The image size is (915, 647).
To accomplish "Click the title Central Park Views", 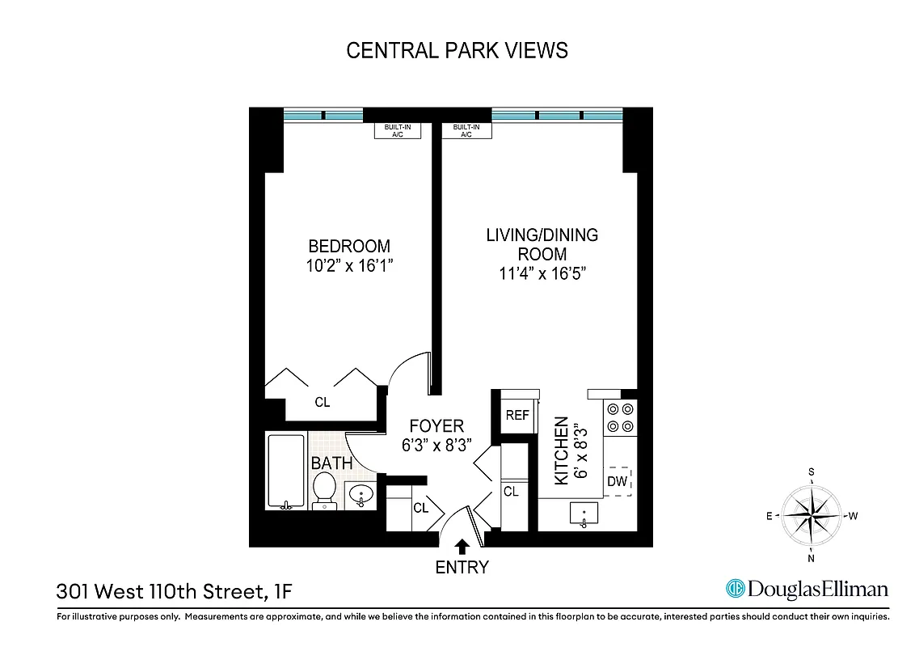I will (x=457, y=50).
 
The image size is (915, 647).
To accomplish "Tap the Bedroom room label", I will (x=349, y=246).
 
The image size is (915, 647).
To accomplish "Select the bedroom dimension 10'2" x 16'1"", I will (x=349, y=266).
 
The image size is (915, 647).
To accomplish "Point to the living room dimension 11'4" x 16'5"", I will (x=542, y=273).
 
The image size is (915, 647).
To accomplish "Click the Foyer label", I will (x=436, y=425).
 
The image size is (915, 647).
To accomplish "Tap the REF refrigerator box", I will (x=517, y=415).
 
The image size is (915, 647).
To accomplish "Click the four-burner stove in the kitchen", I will (x=620, y=417).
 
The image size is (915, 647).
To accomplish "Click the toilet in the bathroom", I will (x=324, y=490).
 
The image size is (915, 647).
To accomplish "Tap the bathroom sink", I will (x=361, y=493).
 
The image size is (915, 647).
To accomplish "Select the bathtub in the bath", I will (x=285, y=470).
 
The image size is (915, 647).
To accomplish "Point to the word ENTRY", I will (x=462, y=567).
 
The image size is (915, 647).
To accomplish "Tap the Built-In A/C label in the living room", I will (x=466, y=130).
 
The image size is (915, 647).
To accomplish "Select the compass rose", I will (x=811, y=514).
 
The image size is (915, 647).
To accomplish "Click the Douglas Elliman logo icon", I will (x=735, y=589).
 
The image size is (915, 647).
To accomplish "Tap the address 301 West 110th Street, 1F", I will (x=174, y=592).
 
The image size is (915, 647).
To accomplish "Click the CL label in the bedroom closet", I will (x=322, y=402).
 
